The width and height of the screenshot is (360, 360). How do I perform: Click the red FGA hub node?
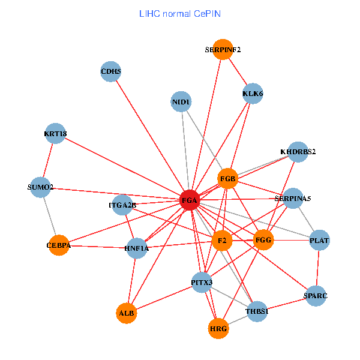(x=190, y=200)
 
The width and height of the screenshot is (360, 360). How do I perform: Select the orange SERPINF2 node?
(x=223, y=50)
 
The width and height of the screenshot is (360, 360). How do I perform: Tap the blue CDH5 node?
(x=111, y=73)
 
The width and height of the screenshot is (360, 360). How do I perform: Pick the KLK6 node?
(x=253, y=94)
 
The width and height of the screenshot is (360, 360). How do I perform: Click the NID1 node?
(x=181, y=103)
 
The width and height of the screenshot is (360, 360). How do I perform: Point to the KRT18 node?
(x=55, y=134)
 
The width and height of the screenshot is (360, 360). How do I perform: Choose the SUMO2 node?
(x=41, y=187)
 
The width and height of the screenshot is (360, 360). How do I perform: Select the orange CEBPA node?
(x=59, y=245)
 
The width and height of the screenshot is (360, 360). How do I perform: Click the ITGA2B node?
(x=122, y=205)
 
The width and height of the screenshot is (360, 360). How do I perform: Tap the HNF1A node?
(x=137, y=248)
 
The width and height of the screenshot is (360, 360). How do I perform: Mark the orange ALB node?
(x=127, y=313)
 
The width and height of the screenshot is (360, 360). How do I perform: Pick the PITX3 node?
(x=202, y=281)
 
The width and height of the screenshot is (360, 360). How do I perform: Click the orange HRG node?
(x=219, y=328)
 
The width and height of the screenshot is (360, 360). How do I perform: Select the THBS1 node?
(x=257, y=311)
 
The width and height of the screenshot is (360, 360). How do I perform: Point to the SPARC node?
(x=316, y=296)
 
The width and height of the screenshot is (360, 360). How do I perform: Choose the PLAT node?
(x=319, y=241)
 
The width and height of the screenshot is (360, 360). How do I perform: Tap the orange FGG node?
(x=263, y=240)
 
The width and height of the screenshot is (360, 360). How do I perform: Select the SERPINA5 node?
(x=293, y=198)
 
